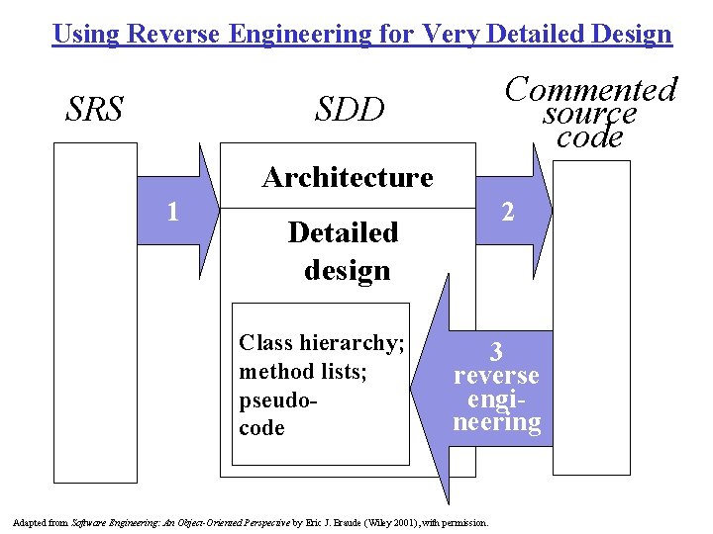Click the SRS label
(94, 109)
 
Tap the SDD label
(349, 110)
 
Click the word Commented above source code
(590, 90)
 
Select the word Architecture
(348, 178)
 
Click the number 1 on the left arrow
(172, 212)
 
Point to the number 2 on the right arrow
(507, 211)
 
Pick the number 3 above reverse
(496, 351)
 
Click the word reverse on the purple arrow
(496, 376)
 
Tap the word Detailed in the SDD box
(343, 232)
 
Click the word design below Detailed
(347, 270)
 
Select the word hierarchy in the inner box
(351, 343)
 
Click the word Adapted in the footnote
(30, 522)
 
